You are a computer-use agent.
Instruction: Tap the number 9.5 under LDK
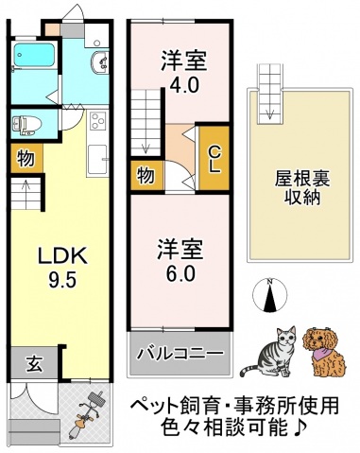tap(61, 280)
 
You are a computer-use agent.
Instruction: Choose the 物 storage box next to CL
tap(146, 175)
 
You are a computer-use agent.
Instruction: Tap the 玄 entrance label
tap(33, 363)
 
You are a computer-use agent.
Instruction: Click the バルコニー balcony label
tap(180, 354)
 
